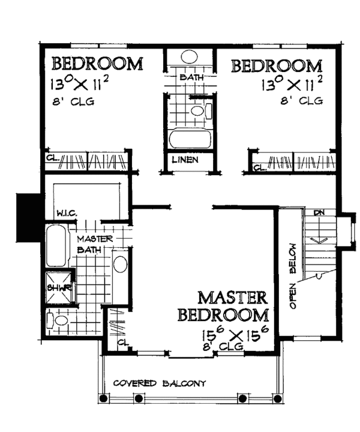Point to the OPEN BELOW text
(293, 275)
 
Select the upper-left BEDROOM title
(97, 64)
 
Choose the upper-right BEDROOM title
(277, 65)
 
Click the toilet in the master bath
(59, 321)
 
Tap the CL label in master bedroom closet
(122, 343)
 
